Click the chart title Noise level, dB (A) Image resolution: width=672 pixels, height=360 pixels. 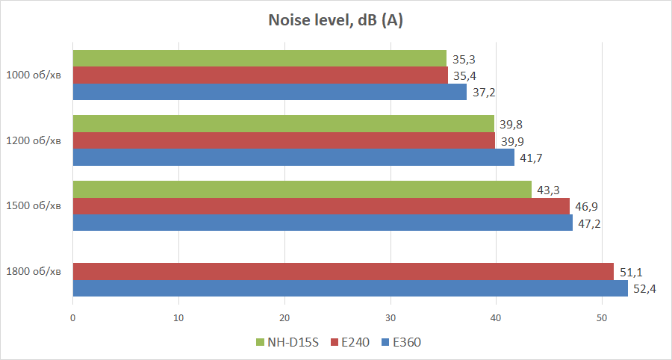[x=336, y=21]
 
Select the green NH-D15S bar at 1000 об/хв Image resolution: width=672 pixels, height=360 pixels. [x=259, y=58]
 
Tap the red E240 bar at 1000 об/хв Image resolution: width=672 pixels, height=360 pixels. [x=260, y=75]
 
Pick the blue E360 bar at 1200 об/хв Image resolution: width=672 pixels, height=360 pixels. [x=293, y=158]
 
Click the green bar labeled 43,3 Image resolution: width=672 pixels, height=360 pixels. [x=302, y=189]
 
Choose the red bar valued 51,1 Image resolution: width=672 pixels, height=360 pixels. [x=343, y=271]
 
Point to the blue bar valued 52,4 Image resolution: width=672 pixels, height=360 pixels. [x=349, y=288]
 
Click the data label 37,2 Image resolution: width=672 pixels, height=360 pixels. [x=485, y=93]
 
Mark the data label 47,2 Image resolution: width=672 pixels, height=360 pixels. [x=591, y=223]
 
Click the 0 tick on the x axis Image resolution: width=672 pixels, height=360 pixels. [x=72, y=317]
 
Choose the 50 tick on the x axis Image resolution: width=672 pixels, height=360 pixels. [x=602, y=317]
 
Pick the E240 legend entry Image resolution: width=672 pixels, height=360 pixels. [x=350, y=342]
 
